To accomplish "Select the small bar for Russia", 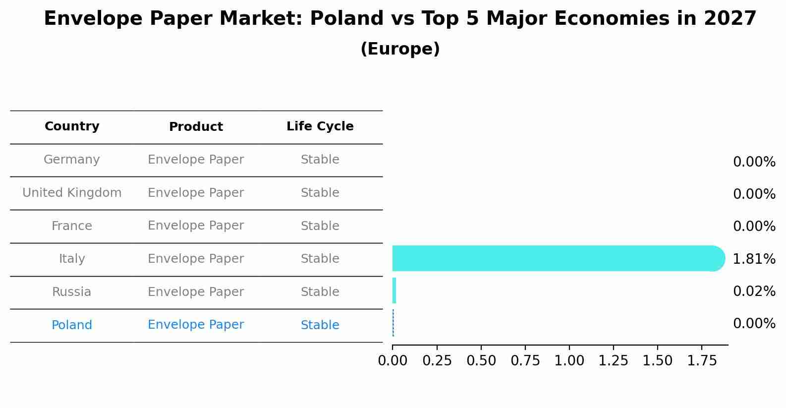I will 394,291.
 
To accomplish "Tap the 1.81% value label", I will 754,259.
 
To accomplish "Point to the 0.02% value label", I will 754,291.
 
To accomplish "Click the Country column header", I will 72,126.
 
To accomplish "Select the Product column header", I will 196,127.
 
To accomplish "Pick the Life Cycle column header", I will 320,126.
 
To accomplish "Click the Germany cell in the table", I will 72,160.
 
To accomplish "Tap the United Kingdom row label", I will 72,193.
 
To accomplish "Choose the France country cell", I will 72,226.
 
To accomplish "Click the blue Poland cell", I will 72,325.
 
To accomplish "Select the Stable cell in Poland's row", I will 320,325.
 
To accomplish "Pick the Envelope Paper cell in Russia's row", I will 196,292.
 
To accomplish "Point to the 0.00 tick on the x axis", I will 393,361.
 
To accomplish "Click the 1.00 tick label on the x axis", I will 569,361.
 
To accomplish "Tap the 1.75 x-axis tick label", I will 702,361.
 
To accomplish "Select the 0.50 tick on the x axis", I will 481,361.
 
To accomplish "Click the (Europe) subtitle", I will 400,49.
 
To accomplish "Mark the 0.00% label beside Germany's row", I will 754,162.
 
